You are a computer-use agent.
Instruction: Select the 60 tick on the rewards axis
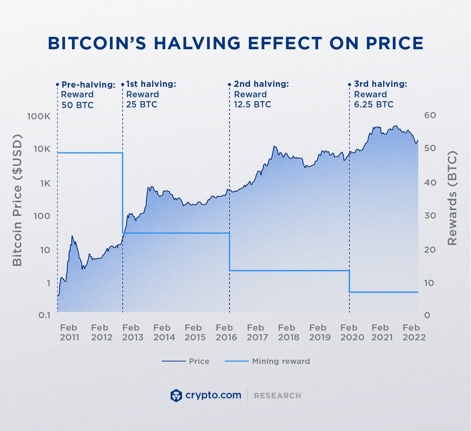[430, 116]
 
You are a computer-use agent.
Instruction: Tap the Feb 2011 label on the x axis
[69, 333]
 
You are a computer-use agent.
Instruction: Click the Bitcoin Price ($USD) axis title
[17, 200]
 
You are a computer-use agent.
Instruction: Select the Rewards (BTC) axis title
[452, 198]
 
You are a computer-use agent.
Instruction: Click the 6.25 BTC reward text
[373, 105]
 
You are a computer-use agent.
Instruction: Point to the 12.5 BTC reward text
[252, 105]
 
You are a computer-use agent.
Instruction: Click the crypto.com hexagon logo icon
[176, 396]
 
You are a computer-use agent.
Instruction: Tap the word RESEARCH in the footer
[277, 396]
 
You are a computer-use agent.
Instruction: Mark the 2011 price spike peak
[72, 236]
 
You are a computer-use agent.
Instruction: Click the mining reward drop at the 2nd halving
[230, 252]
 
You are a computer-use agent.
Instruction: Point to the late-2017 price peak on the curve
[274, 147]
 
